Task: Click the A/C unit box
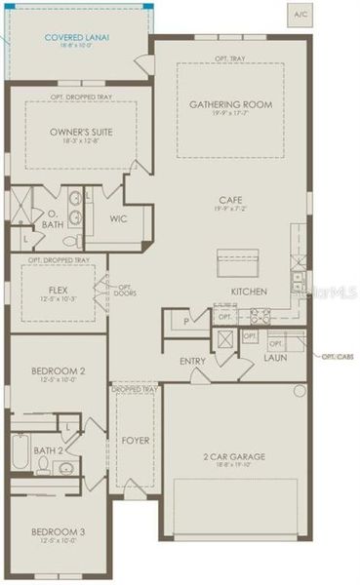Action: [300, 15]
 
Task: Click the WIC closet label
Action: [119, 218]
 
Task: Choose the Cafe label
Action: [230, 200]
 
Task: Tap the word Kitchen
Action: [249, 292]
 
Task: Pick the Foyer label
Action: [135, 441]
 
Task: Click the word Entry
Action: [192, 360]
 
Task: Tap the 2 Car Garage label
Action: [234, 457]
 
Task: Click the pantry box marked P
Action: [185, 320]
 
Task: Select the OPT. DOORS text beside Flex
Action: [126, 290]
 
